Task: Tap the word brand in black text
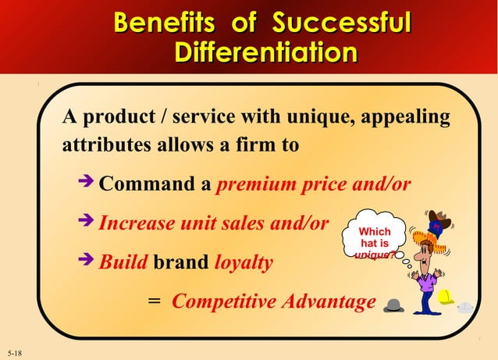coord(180,262)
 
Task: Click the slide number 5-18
coord(13,354)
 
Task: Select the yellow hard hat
coord(446,297)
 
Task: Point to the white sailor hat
coord(466,306)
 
